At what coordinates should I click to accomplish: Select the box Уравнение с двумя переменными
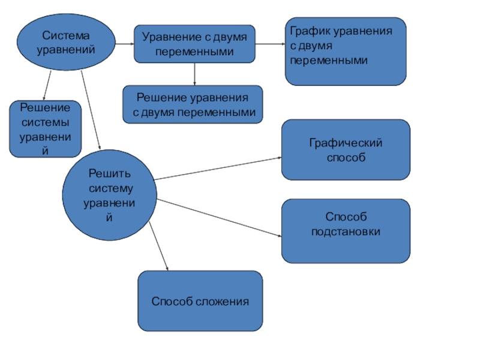pyautogui.click(x=194, y=44)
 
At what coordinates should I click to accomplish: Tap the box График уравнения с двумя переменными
pyautogui.click(x=345, y=51)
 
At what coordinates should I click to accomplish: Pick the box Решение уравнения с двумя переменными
pyautogui.click(x=193, y=104)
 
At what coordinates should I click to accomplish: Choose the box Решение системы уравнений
pyautogui.click(x=45, y=129)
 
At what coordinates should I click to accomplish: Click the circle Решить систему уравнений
pyautogui.click(x=109, y=194)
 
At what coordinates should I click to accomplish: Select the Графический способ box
pyautogui.click(x=346, y=150)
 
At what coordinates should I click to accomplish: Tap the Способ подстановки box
pyautogui.click(x=346, y=231)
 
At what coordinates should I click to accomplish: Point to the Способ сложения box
pyautogui.click(x=200, y=301)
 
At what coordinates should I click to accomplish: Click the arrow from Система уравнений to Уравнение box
pyautogui.click(x=124, y=44)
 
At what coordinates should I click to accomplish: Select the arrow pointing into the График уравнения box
pyautogui.click(x=269, y=44)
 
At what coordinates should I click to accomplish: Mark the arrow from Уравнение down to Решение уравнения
pyautogui.click(x=195, y=74)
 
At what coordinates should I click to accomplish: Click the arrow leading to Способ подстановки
pyautogui.click(x=219, y=218)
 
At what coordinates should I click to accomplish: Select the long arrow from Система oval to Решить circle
pyautogui.click(x=91, y=111)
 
